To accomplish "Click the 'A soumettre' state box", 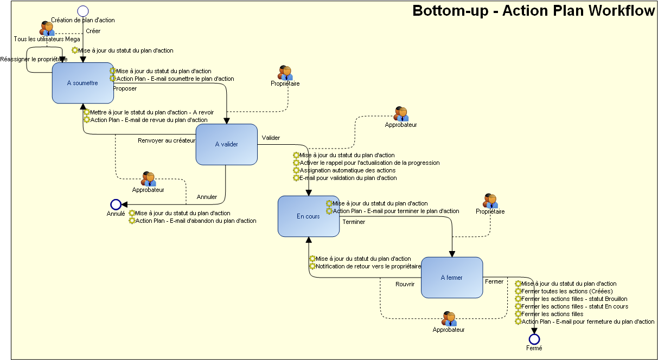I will pyautogui.click(x=82, y=83).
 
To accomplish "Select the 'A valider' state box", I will pyautogui.click(x=226, y=144).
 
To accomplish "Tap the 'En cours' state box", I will pyautogui.click(x=308, y=216).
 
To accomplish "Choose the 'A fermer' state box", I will pyautogui.click(x=451, y=278).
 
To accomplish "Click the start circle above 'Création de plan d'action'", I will pyautogui.click(x=82, y=11).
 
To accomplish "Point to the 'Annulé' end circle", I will pyautogui.click(x=116, y=204).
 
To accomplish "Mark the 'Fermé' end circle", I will pyautogui.click(x=534, y=339).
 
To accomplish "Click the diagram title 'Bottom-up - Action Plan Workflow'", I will pyautogui.click(x=533, y=11).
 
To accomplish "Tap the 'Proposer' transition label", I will pyautogui.click(x=125, y=88).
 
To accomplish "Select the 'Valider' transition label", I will pyautogui.click(x=271, y=138).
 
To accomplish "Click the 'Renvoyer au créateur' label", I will pyautogui.click(x=167, y=140).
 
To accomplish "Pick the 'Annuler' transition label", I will pyautogui.click(x=207, y=197).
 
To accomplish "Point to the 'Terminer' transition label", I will pyautogui.click(x=354, y=222).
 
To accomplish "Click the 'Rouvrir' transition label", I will pyautogui.click(x=405, y=284).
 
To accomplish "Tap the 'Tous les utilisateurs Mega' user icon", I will pyautogui.click(x=48, y=29).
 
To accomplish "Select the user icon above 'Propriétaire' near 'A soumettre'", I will pyautogui.click(x=285, y=73).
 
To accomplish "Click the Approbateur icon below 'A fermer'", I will pyautogui.click(x=449, y=319).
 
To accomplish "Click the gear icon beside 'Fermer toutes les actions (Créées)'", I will pyautogui.click(x=518, y=291).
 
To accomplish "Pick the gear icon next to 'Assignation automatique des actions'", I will pyautogui.click(x=296, y=170).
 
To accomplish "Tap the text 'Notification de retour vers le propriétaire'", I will pyautogui.click(x=368, y=266).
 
